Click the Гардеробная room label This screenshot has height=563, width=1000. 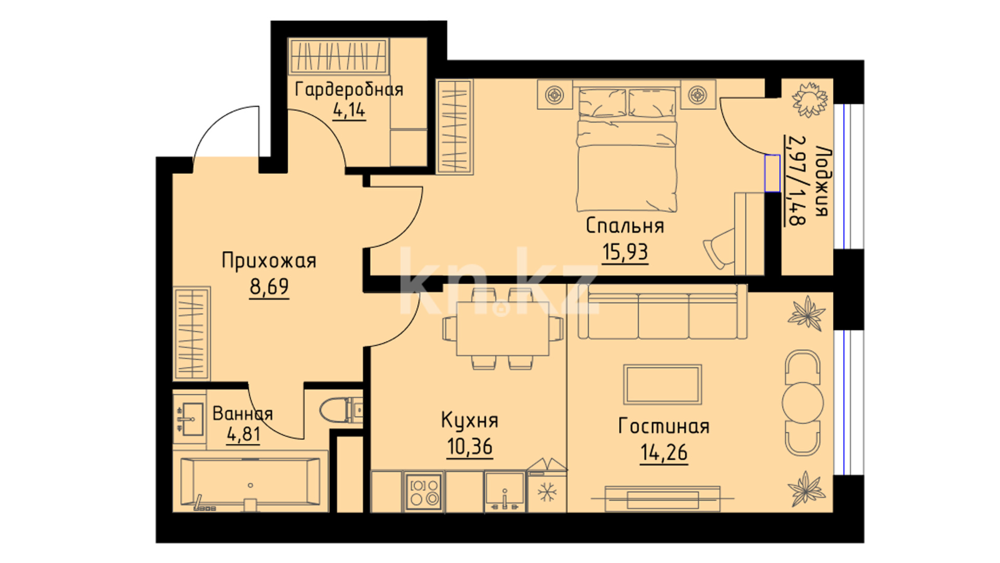coord(349,90)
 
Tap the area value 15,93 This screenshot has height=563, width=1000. coord(625,252)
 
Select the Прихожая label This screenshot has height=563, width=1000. coord(269,261)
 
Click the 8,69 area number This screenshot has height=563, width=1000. coord(269,286)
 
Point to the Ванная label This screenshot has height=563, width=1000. coord(243,414)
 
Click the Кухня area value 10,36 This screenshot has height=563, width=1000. coord(470,447)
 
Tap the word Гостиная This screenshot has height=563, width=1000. coord(664,426)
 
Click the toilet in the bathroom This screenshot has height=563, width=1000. coord(341,410)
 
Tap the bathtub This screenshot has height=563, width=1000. coord(251,484)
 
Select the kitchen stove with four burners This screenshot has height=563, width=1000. coord(423,491)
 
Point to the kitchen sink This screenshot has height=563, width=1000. coord(504,491)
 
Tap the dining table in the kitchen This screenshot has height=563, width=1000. coord(503,329)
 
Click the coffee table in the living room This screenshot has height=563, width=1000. coord(663,384)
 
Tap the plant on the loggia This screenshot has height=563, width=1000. coord(809,98)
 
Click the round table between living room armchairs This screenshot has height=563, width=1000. coord(804,402)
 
